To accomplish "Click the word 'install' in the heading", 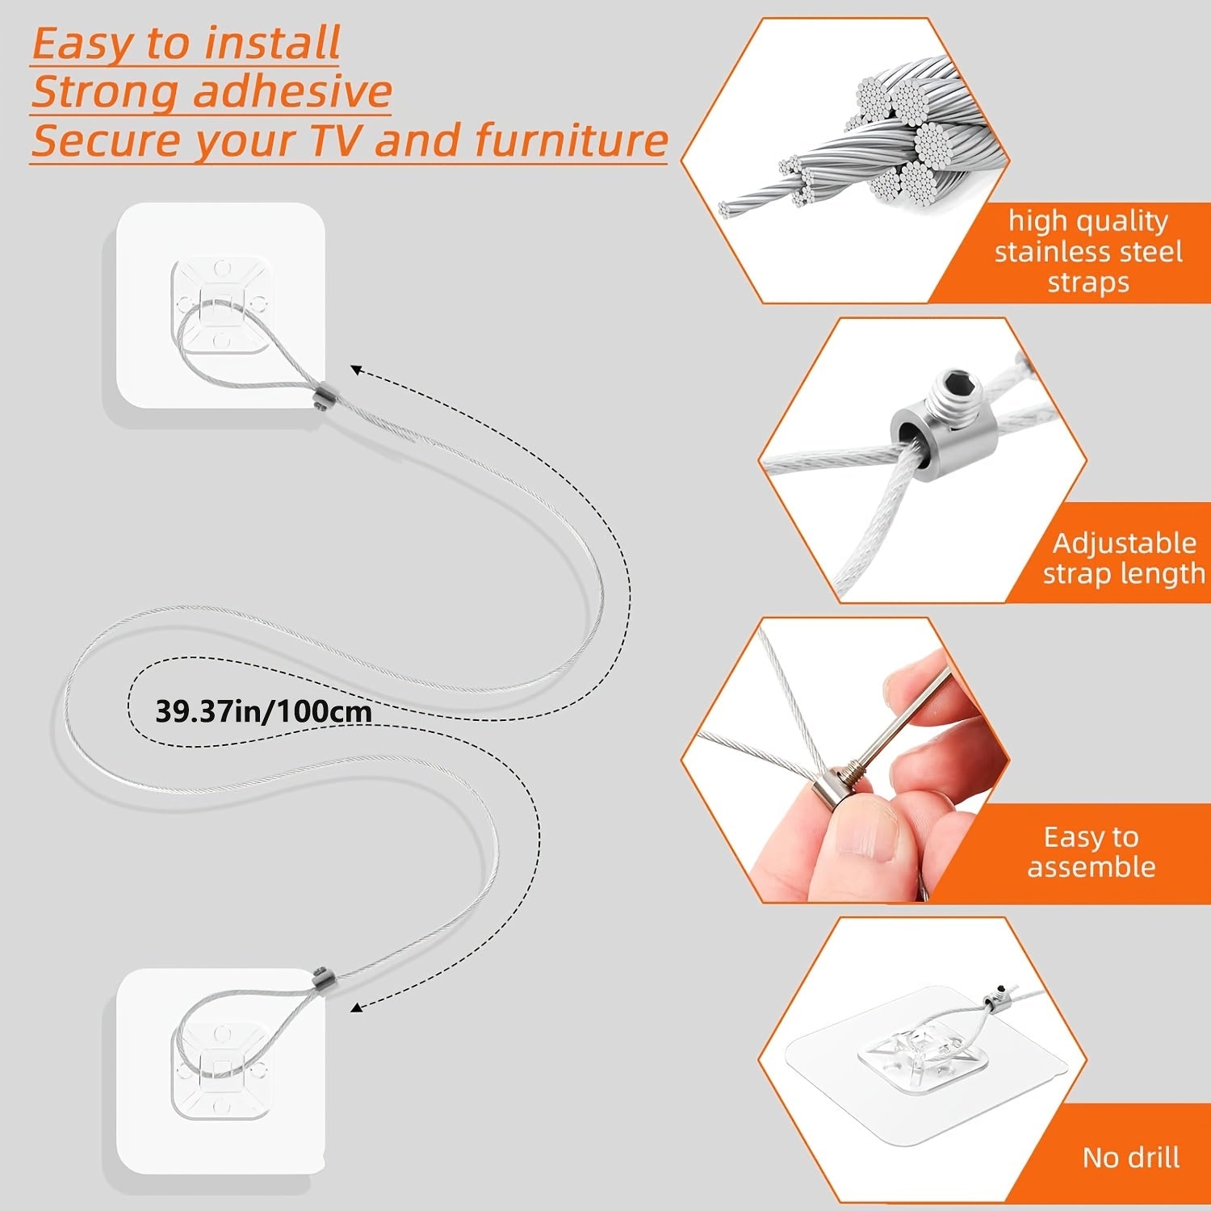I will pyautogui.click(x=272, y=44).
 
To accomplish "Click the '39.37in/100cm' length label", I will pyautogui.click(x=263, y=711).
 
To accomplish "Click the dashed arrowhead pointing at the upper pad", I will pyautogui.click(x=356, y=370).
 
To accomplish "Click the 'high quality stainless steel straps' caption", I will pyautogui.click(x=1087, y=251).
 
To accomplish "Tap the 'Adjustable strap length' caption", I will pyautogui.click(x=1124, y=558).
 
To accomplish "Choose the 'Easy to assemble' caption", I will pyautogui.click(x=1091, y=852).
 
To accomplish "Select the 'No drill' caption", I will pyautogui.click(x=1130, y=1157).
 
